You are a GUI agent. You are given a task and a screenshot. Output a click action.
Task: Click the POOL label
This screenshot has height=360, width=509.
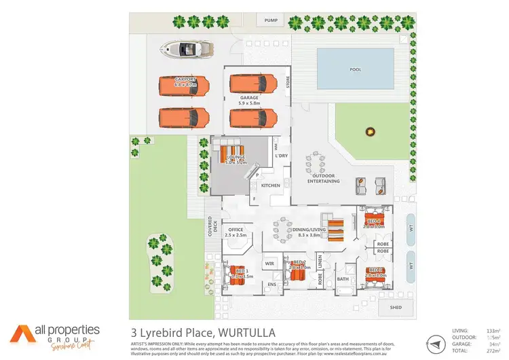(x=354, y=69)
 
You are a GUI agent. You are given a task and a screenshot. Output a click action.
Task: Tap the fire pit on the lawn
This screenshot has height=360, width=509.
(x=370, y=130)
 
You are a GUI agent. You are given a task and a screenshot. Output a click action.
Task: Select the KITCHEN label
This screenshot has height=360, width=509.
(x=270, y=185)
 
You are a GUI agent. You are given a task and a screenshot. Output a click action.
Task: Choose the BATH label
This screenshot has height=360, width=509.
(x=342, y=279)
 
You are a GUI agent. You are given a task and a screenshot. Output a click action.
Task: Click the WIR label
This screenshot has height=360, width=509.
(x=268, y=263)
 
